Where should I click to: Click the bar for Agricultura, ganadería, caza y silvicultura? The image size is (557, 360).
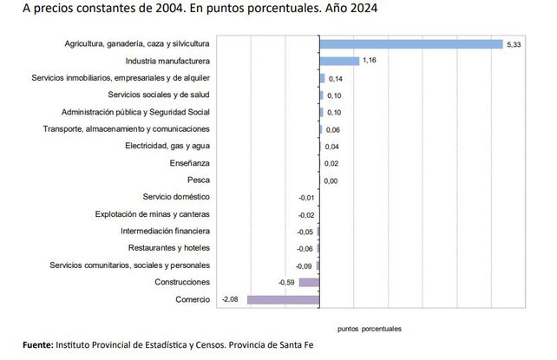[x=410, y=43]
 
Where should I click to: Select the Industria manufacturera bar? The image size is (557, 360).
[x=339, y=61]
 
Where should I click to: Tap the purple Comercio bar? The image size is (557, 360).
[x=283, y=299]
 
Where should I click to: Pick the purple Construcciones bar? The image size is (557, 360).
[x=309, y=282]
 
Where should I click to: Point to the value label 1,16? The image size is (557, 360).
[x=370, y=61]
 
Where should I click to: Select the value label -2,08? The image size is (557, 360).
[x=231, y=299]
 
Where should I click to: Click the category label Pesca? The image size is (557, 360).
[x=199, y=180]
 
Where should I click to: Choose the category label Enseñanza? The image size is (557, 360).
[x=190, y=163]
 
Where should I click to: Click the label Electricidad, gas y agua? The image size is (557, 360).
[x=167, y=146]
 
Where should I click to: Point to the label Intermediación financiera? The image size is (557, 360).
[x=165, y=231]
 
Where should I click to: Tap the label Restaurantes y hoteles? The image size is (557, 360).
[x=168, y=248]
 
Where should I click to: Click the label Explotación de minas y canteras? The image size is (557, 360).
[x=153, y=214]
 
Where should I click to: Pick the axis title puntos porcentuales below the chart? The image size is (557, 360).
[x=369, y=329]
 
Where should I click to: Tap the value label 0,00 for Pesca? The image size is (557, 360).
[x=331, y=180]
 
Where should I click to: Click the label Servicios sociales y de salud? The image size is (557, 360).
[x=159, y=95]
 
